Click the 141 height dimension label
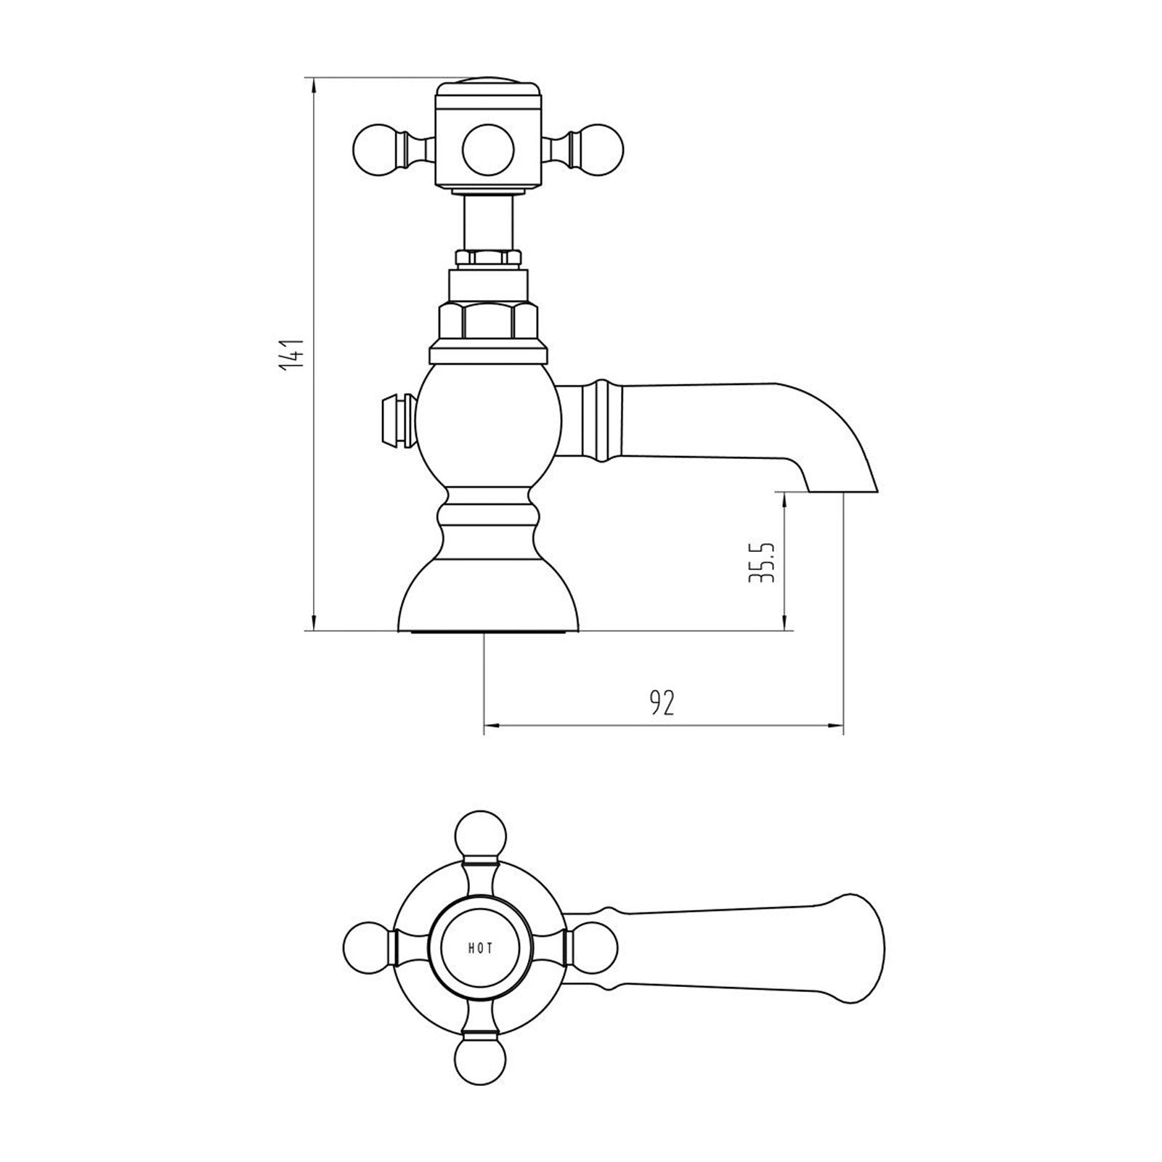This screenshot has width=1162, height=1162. [292, 356]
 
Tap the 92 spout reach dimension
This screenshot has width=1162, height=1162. [662, 703]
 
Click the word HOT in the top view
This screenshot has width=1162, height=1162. [480, 948]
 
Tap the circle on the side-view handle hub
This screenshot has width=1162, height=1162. [489, 150]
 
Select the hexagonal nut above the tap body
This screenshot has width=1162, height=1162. [489, 320]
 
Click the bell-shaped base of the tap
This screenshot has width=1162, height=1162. [489, 596]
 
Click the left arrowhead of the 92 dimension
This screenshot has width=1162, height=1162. [489, 725]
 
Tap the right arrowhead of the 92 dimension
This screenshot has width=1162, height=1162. [838, 725]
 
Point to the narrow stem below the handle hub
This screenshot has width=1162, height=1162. [489, 222]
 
